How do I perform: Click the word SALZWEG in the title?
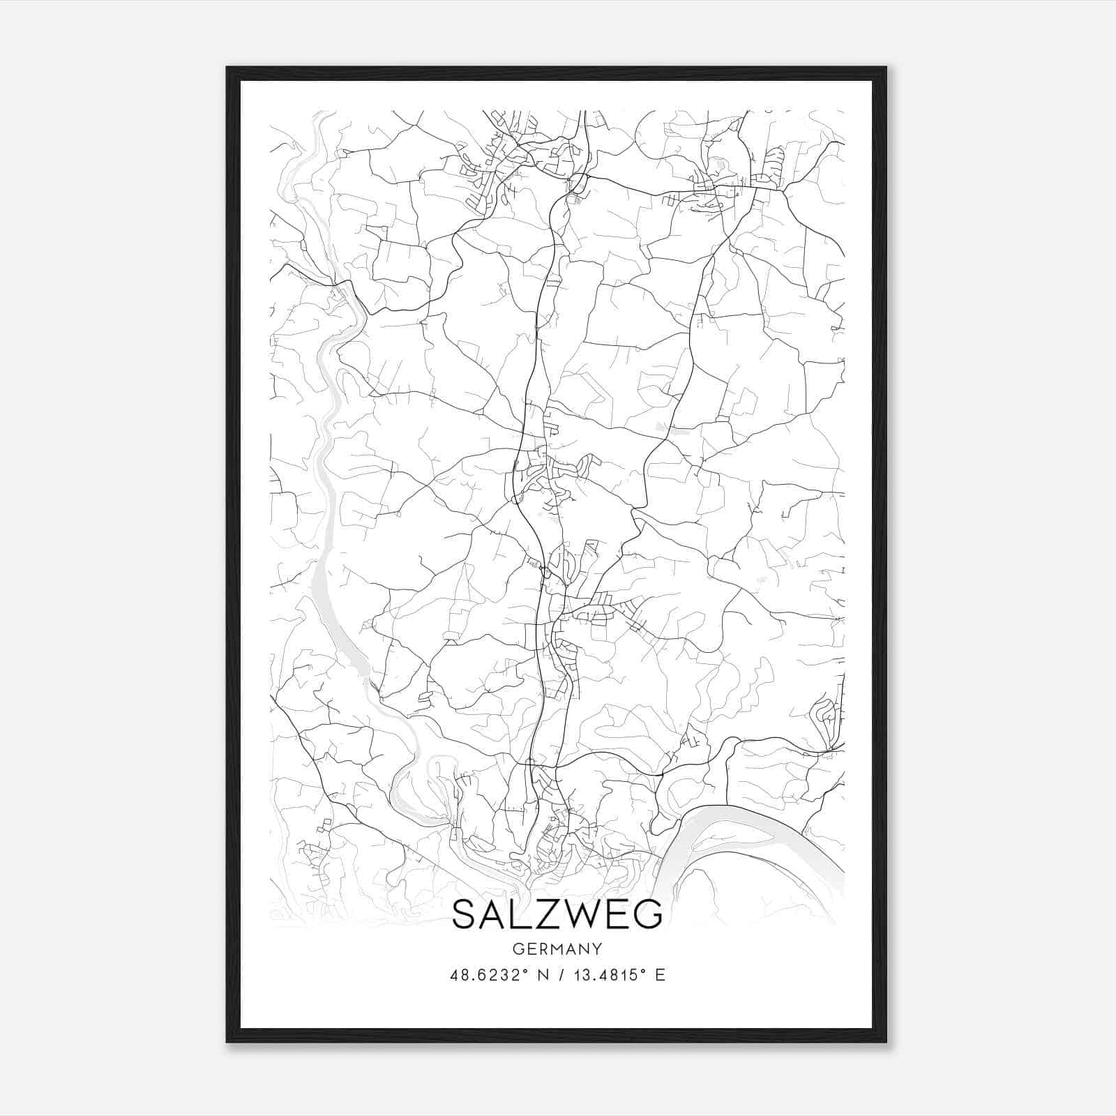click(x=557, y=914)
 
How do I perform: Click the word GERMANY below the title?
click(x=557, y=949)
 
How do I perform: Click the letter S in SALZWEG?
click(x=466, y=914)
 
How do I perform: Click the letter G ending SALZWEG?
click(x=648, y=914)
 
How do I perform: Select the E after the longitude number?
click(x=660, y=975)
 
